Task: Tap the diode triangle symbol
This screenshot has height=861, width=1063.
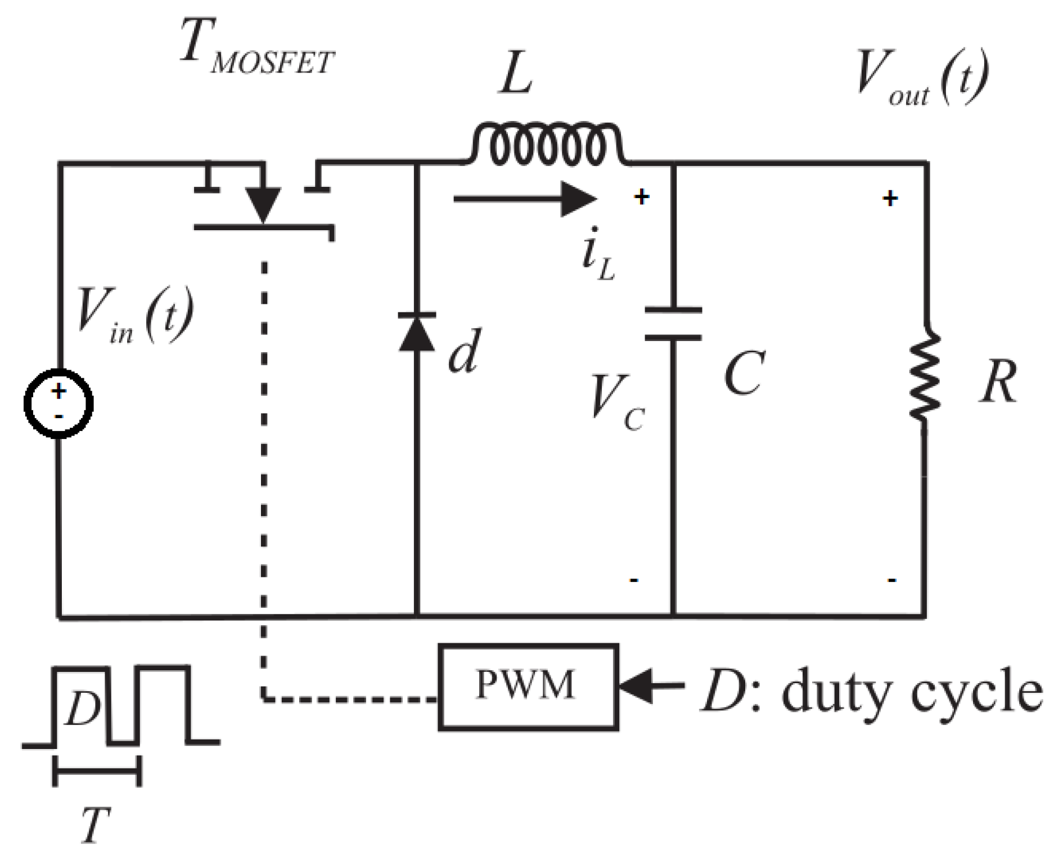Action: tap(417, 333)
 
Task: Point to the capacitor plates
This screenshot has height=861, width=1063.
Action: tap(673, 324)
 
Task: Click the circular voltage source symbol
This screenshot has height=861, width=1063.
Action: tap(58, 403)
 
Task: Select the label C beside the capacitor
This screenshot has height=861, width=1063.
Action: tap(744, 373)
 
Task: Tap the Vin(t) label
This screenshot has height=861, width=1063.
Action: tap(135, 315)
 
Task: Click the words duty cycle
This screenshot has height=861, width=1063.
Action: tap(911, 692)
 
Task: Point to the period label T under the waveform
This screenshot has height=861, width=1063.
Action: tap(94, 825)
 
